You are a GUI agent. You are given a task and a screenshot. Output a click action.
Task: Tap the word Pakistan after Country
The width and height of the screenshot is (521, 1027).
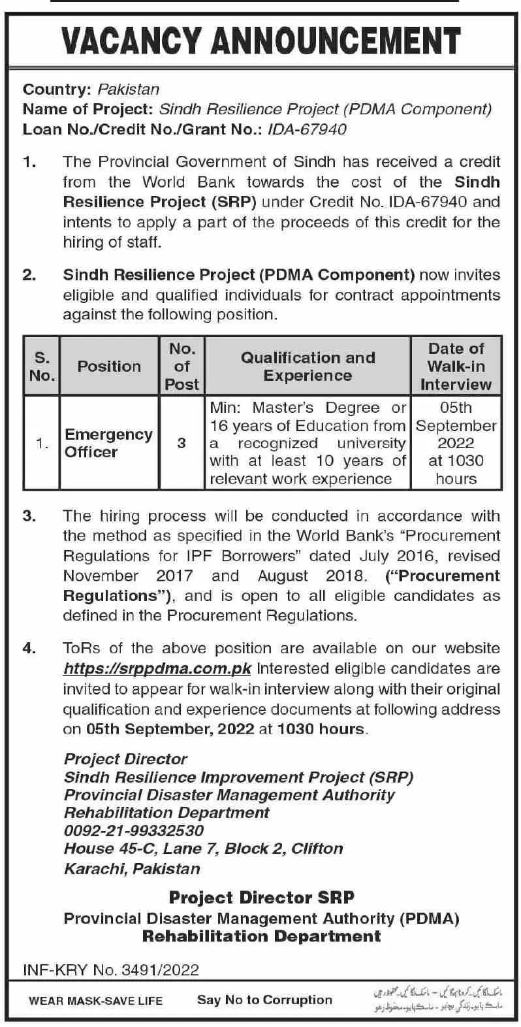(x=128, y=90)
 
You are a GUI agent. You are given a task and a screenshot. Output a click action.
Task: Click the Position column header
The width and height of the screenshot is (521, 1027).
(x=109, y=366)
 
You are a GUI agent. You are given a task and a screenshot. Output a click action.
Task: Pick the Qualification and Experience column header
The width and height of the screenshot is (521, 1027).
(x=308, y=366)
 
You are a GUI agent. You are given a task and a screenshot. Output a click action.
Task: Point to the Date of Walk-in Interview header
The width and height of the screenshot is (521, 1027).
(x=456, y=366)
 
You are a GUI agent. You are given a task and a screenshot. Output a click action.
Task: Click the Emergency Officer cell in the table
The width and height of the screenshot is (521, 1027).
(x=108, y=443)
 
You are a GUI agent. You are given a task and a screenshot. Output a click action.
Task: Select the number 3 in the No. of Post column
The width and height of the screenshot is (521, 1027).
(x=182, y=443)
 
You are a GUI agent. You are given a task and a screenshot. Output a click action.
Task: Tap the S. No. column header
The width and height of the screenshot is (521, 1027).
(x=42, y=366)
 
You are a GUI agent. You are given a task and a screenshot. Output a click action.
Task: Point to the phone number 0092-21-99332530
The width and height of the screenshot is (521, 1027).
(x=134, y=830)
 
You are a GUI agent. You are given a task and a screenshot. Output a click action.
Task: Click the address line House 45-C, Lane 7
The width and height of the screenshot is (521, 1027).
(x=203, y=849)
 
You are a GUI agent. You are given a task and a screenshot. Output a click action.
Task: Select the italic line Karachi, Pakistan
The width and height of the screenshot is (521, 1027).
(x=132, y=869)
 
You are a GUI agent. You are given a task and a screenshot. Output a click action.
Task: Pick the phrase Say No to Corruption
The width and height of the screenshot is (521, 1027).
(x=264, y=1000)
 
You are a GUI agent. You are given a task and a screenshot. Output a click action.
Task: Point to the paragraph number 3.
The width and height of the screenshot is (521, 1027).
(x=29, y=516)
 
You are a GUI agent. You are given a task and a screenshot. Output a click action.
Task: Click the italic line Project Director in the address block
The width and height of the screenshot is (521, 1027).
(x=125, y=759)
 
